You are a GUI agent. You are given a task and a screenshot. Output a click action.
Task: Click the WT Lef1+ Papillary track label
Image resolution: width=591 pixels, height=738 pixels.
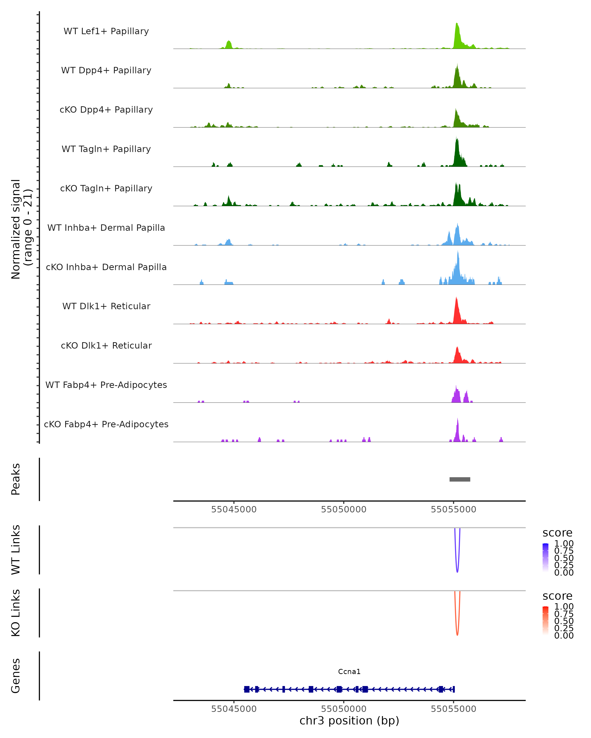[106, 31]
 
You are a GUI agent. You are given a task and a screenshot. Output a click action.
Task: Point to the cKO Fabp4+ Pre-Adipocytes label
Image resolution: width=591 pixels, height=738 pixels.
[106, 424]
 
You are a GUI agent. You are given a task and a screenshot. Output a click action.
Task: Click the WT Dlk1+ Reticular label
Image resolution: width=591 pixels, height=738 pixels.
[106, 306]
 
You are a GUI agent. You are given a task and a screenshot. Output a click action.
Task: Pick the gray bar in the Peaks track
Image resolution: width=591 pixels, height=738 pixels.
[460, 479]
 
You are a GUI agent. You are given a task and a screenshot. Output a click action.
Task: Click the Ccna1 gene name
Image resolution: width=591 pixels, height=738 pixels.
[349, 672]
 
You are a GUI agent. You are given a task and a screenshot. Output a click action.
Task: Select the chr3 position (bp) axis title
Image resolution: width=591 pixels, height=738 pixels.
[349, 721]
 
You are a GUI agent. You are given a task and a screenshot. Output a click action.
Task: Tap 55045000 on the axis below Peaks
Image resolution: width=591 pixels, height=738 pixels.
[234, 509]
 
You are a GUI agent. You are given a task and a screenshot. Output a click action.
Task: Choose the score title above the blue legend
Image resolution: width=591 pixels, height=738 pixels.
[557, 533]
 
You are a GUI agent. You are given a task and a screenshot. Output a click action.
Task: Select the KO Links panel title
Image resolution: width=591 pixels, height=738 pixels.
[16, 613]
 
